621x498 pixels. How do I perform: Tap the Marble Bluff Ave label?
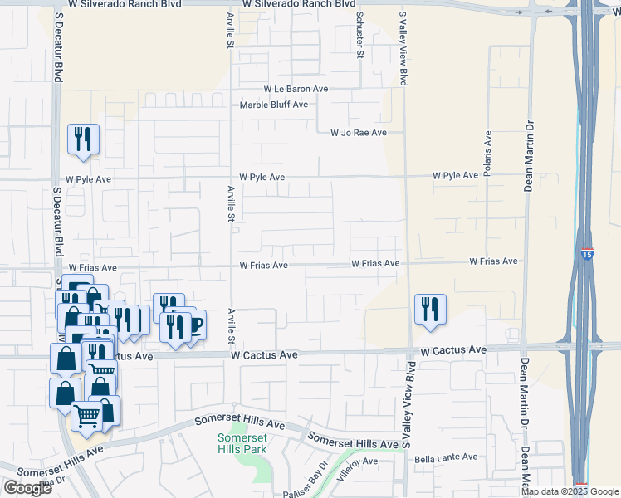(x=273, y=105)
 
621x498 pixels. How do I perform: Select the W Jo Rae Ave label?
(x=359, y=133)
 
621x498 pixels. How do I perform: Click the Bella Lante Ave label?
(x=446, y=457)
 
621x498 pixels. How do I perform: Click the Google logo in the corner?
(x=27, y=488)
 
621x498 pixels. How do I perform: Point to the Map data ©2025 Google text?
(x=570, y=491)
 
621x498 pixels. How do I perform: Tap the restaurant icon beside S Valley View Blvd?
(x=431, y=310)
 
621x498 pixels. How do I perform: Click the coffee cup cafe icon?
(x=193, y=325)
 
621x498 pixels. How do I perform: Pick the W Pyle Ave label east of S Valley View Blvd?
(x=455, y=176)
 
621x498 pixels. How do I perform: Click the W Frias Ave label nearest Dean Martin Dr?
(x=493, y=261)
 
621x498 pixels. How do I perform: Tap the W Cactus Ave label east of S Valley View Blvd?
(x=452, y=351)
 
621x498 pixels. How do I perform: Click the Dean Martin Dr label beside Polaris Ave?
(x=527, y=155)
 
